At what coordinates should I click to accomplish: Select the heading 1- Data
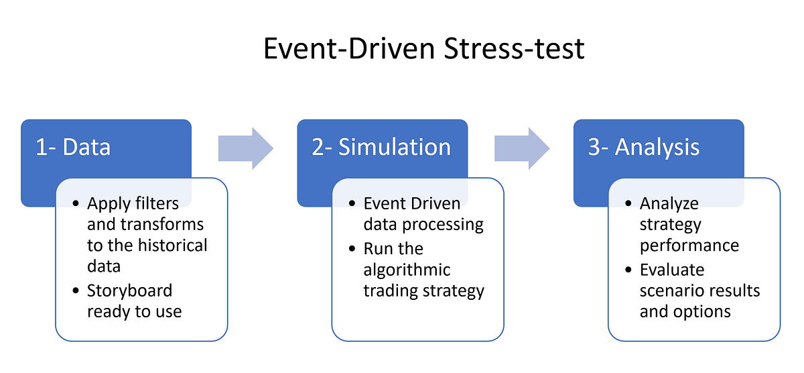pos(73,148)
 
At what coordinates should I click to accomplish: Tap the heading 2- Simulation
pos(381,148)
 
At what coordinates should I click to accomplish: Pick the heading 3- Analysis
pos(644,148)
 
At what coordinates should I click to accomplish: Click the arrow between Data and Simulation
pos(246,148)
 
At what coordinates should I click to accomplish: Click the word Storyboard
pos(129,290)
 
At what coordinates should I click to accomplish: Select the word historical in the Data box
pos(173,245)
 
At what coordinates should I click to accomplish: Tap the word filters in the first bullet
pos(157,203)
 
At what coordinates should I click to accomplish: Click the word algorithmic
pos(407,270)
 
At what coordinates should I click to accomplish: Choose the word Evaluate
pos(672,270)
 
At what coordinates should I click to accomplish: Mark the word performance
pos(689,245)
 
